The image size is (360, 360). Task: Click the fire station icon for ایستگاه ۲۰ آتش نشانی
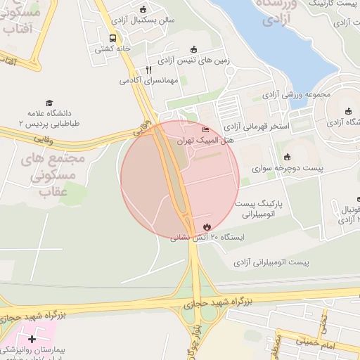pyautogui.click(x=207, y=226)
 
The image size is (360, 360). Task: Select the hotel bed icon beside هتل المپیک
pyautogui.click(x=206, y=129)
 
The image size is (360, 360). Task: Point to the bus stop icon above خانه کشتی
pyautogui.click(x=112, y=38)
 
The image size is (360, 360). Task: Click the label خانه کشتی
pyautogui.click(x=113, y=49)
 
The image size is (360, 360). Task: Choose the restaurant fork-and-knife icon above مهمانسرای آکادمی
pyautogui.click(x=148, y=70)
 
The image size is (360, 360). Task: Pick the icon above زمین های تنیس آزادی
pyautogui.click(x=195, y=49)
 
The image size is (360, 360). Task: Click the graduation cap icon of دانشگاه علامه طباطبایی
pyautogui.click(x=49, y=103)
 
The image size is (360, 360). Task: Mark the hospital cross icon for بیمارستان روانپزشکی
pyautogui.click(x=32, y=339)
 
